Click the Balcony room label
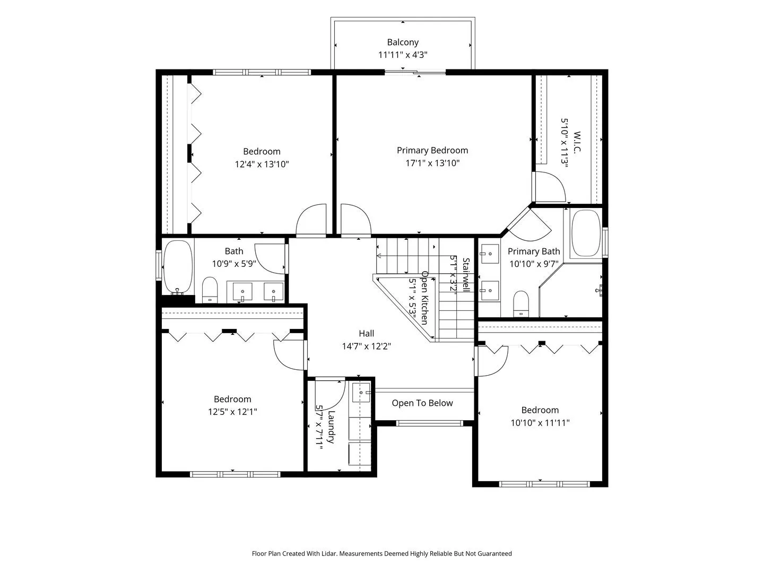(403, 42)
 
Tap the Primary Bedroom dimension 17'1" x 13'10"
(432, 163)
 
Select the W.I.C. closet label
(576, 142)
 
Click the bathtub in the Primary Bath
(586, 233)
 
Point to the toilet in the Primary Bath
(520, 303)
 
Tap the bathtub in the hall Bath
(178, 267)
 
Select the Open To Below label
(422, 403)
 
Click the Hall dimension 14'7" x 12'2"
(366, 346)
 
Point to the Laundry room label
(331, 427)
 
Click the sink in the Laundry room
(361, 393)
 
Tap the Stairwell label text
(466, 275)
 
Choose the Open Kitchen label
(424, 298)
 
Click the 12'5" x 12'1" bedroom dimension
(232, 412)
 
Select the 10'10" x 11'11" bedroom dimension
(540, 423)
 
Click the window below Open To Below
(429, 423)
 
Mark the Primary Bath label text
(534, 251)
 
